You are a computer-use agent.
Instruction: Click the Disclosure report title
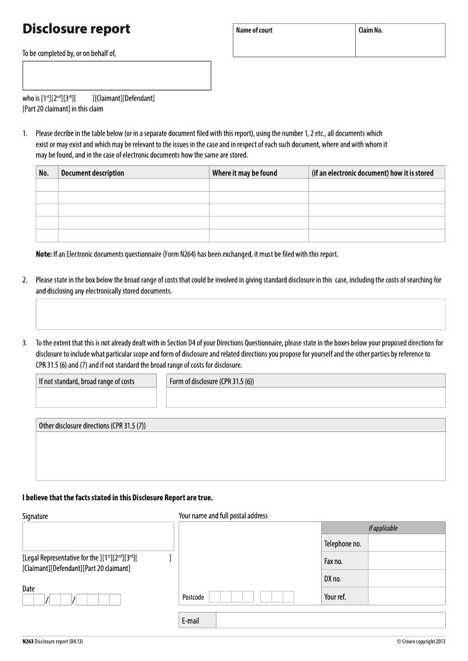(x=76, y=29)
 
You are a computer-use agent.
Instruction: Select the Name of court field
(x=294, y=44)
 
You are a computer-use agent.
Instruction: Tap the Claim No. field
(x=400, y=44)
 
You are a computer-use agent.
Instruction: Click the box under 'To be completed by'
(x=116, y=75)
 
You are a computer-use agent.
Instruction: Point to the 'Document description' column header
(x=92, y=173)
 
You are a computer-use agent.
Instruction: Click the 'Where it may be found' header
(x=245, y=173)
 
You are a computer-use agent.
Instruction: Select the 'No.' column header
(x=43, y=173)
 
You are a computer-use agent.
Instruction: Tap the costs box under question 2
(x=240, y=314)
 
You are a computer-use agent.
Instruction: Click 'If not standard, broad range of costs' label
(x=87, y=382)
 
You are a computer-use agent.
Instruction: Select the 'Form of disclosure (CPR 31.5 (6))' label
(x=212, y=382)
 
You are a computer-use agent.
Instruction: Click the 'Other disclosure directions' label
(x=92, y=426)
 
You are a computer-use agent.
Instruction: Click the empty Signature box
(x=98, y=536)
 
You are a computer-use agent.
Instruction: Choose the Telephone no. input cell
(x=407, y=544)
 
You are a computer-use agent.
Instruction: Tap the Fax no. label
(x=333, y=562)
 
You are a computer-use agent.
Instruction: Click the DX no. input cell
(x=407, y=579)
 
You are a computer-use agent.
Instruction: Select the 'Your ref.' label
(x=335, y=597)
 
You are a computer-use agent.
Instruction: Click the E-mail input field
(x=331, y=620)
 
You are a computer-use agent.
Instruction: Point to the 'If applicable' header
(x=383, y=528)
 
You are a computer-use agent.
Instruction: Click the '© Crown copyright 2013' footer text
(x=421, y=642)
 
